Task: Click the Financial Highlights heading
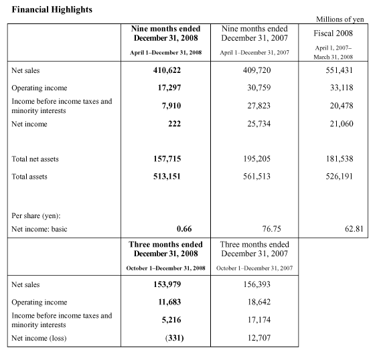pyautogui.click(x=52, y=9)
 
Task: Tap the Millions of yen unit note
pyautogui.click(x=340, y=19)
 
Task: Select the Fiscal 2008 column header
pyautogui.click(x=333, y=33)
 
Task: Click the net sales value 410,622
pyautogui.click(x=167, y=70)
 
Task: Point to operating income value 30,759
pyautogui.click(x=259, y=88)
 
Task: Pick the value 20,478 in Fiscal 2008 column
pyautogui.click(x=342, y=106)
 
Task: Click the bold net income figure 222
pyautogui.click(x=174, y=124)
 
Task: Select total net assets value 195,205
pyautogui.click(x=256, y=159)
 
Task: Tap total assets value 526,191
pyautogui.click(x=340, y=177)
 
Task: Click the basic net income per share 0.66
pyautogui.click(x=184, y=229)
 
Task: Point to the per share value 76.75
pyautogui.click(x=271, y=229)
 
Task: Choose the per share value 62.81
pyautogui.click(x=354, y=229)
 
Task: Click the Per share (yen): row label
pyautogui.click(x=35, y=215)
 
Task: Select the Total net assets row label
pyautogui.click(x=35, y=159)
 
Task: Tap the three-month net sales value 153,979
pyautogui.click(x=167, y=284)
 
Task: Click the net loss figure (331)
pyautogui.click(x=174, y=338)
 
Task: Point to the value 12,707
pyautogui.click(x=259, y=338)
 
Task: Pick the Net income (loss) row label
pyautogui.click(x=39, y=338)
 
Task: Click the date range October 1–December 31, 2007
pyautogui.click(x=254, y=268)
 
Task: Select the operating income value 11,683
pyautogui.click(x=169, y=302)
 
